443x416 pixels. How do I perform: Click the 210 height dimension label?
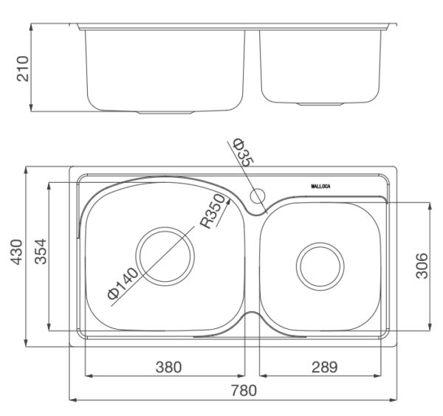point(23,69)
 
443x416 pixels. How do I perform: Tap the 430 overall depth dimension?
point(16,252)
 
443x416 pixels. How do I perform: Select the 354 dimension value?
point(41,252)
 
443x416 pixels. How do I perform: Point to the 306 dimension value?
point(422,266)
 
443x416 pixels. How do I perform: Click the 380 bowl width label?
point(168,367)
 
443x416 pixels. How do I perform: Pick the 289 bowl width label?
point(325,367)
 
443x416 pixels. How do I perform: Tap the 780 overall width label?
point(244,390)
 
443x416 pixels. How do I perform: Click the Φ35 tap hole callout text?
point(243,152)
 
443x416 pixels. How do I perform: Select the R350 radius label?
point(213,211)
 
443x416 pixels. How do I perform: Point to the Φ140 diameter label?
point(123,283)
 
